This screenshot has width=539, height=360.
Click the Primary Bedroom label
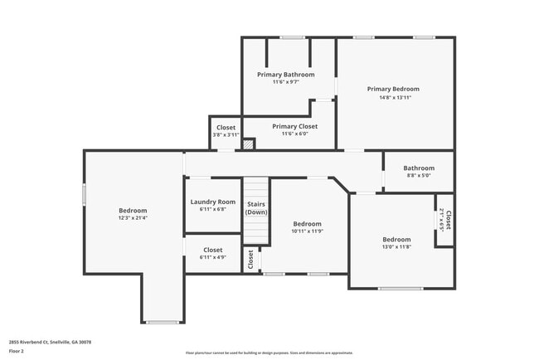coord(393,89)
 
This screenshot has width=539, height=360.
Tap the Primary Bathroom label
coord(285,74)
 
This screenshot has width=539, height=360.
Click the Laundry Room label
coord(212,202)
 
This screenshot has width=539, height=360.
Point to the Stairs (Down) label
coord(256,207)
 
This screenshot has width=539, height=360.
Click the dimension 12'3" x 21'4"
coord(133,218)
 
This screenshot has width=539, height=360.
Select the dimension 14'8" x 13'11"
coord(393,97)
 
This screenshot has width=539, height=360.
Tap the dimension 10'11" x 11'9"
coord(307,231)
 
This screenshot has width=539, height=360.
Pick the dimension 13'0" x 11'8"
coord(396,246)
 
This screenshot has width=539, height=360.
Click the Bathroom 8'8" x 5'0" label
coord(419,168)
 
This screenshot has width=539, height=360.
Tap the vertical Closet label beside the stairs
coord(250,260)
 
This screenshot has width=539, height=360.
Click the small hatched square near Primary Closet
coord(248,144)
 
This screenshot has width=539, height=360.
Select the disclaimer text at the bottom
coord(269,353)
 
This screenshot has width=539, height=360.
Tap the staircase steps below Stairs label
coord(256,231)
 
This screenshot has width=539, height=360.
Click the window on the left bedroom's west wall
coord(84,193)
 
